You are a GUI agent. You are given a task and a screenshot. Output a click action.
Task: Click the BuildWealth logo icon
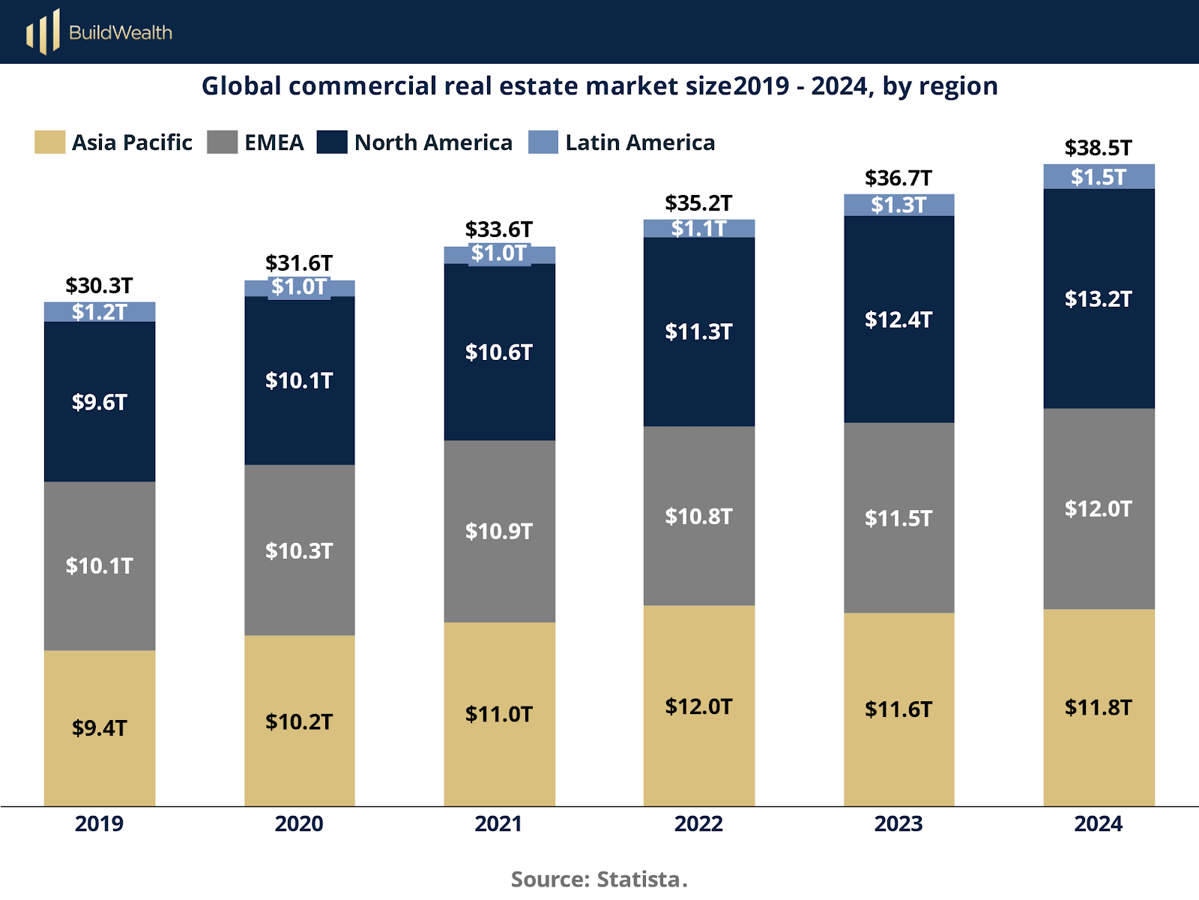point(43,32)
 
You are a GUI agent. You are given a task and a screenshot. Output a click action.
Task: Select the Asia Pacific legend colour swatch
point(49,142)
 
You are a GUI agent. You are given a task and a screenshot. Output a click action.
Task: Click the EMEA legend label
point(274,142)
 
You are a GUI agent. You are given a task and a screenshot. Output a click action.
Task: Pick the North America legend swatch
point(331,142)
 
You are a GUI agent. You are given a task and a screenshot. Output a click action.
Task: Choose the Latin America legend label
point(640,142)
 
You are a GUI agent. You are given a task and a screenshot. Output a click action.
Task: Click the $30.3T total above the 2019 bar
point(99,286)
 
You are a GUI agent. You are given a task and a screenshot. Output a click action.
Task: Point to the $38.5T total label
point(1098,148)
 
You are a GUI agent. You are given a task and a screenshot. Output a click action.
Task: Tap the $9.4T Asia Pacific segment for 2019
point(100,727)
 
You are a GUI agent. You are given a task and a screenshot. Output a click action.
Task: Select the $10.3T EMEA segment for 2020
point(299,550)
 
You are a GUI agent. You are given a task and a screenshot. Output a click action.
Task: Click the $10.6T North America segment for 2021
point(499,352)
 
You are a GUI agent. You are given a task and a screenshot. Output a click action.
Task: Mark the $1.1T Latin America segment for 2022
point(698,229)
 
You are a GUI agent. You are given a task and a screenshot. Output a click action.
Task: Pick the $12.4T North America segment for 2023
point(899,319)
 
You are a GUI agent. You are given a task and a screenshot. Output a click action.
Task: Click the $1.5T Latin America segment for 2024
point(1099,177)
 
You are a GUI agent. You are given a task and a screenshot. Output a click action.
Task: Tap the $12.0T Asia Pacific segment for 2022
point(698,706)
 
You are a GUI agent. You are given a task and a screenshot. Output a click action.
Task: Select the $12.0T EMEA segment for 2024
point(1099,508)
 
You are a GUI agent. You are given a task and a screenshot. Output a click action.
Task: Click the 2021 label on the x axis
point(498,823)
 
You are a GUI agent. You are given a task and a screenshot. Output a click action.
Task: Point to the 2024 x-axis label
point(1098,823)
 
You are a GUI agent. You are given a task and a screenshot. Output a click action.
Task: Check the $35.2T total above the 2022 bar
point(698,203)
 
